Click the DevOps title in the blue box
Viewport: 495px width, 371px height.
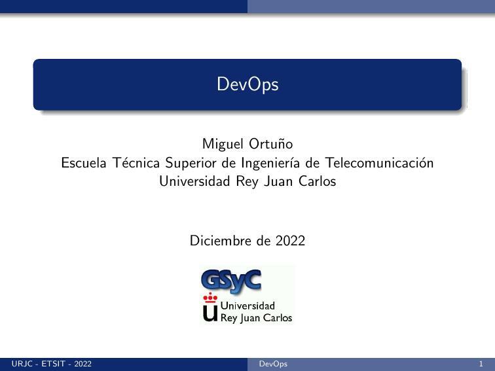click(x=247, y=84)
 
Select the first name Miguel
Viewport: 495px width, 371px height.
click(x=223, y=144)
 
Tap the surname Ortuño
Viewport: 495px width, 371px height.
click(x=271, y=144)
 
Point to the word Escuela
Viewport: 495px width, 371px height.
click(x=82, y=162)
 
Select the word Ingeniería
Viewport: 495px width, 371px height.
click(x=269, y=163)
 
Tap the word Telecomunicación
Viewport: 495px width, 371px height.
click(x=379, y=162)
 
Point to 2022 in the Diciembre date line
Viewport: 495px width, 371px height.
click(x=289, y=241)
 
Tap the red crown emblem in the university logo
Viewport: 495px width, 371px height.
click(x=210, y=298)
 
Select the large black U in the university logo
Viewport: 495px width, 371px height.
click(x=210, y=313)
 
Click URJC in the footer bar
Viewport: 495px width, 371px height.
click(x=22, y=364)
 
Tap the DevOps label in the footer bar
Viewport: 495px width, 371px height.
click(x=273, y=364)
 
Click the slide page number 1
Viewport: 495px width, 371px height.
click(x=481, y=364)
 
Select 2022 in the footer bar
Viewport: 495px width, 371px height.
click(x=83, y=364)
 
